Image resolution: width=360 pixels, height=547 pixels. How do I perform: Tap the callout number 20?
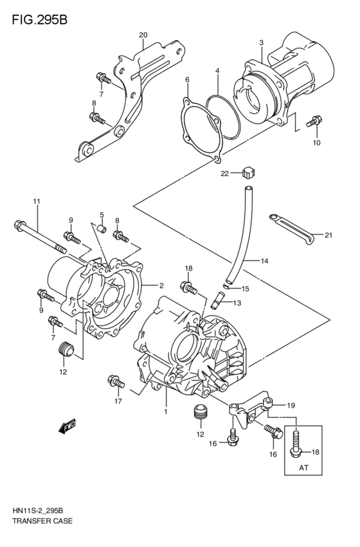pyautogui.click(x=143, y=35)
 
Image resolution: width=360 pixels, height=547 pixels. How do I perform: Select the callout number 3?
pyautogui.click(x=262, y=43)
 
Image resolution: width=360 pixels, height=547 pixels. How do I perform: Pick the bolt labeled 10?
pyautogui.click(x=314, y=120)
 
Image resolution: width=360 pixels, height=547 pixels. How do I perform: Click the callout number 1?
pyautogui.click(x=165, y=411)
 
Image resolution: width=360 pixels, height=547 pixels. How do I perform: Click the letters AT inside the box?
pyautogui.click(x=301, y=469)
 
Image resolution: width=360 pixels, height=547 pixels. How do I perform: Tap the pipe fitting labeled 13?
pyautogui.click(x=217, y=299)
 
